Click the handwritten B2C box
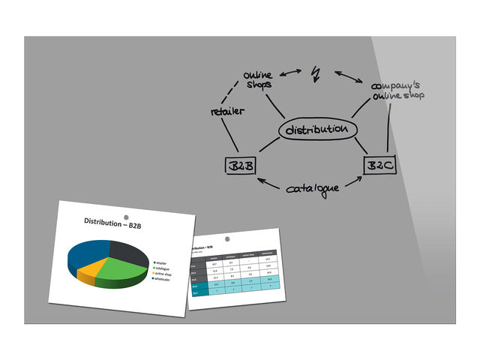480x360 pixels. pyautogui.click(x=379, y=165)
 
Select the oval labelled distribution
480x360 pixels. pyautogui.click(x=316, y=130)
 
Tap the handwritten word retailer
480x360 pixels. pyautogui.click(x=228, y=112)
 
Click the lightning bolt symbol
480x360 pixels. pyautogui.click(x=316, y=73)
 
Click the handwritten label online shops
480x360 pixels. pyautogui.click(x=258, y=79)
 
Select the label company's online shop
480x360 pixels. pyautogui.click(x=397, y=91)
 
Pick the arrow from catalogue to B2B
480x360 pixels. pyautogui.click(x=270, y=184)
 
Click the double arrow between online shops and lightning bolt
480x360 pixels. pyautogui.click(x=291, y=73)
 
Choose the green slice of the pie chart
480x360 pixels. pyautogui.click(x=121, y=270)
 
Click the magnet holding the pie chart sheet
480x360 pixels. pyautogui.click(x=136, y=217)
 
